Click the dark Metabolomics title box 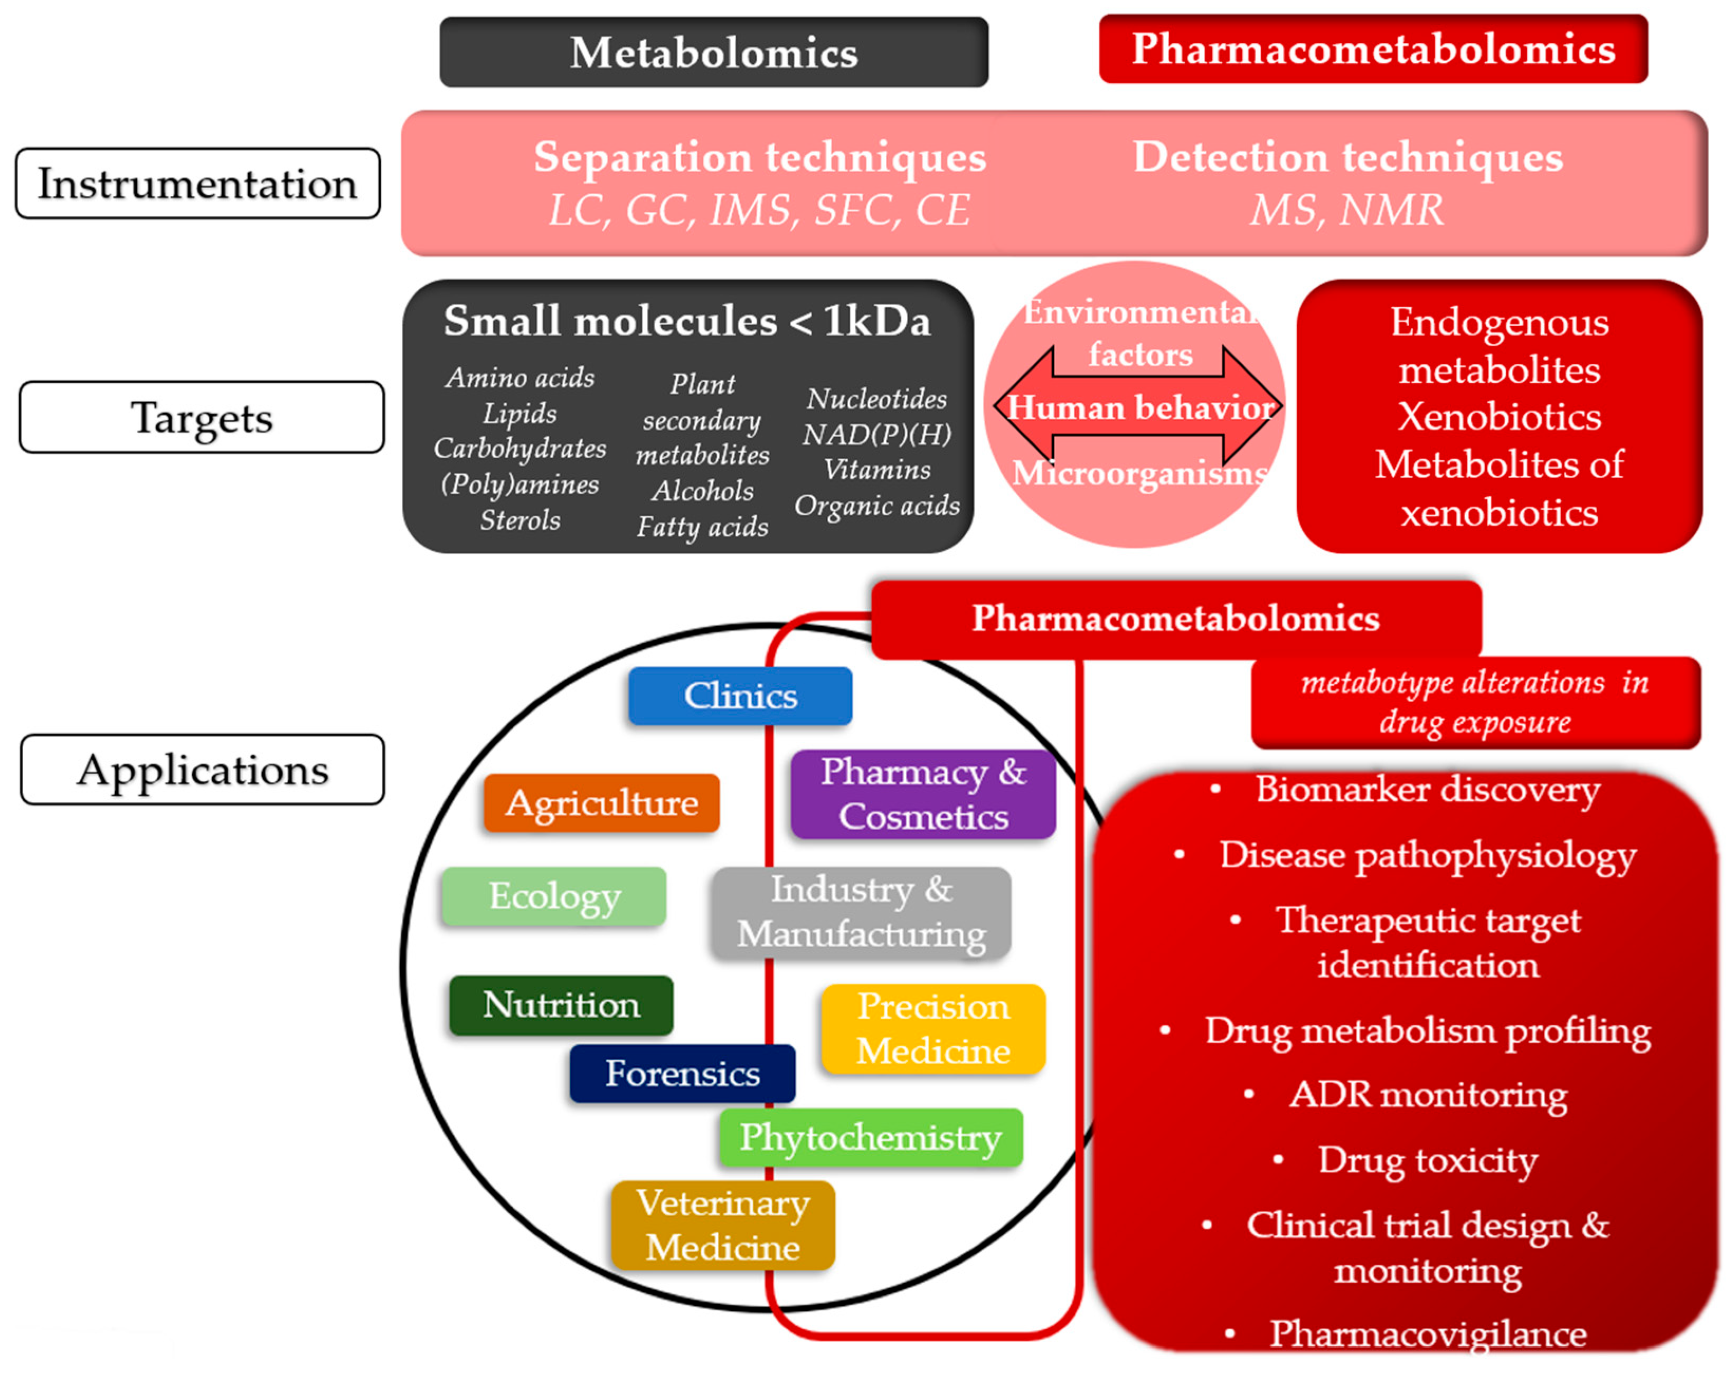coord(713,52)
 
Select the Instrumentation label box coord(198,183)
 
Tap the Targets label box coord(201,417)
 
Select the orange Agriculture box coord(601,802)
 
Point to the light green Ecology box coord(553,895)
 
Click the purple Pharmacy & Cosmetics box coord(922,794)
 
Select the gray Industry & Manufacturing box coord(861,912)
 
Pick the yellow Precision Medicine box coord(933,1028)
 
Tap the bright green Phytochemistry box coord(870,1138)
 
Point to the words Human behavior coord(1140,408)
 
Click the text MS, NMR coord(1346,211)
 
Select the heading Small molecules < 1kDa coord(687,321)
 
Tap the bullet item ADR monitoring coord(1427,1095)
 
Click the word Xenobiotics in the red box coord(1499,416)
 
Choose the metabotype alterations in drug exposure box coord(1475,702)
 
